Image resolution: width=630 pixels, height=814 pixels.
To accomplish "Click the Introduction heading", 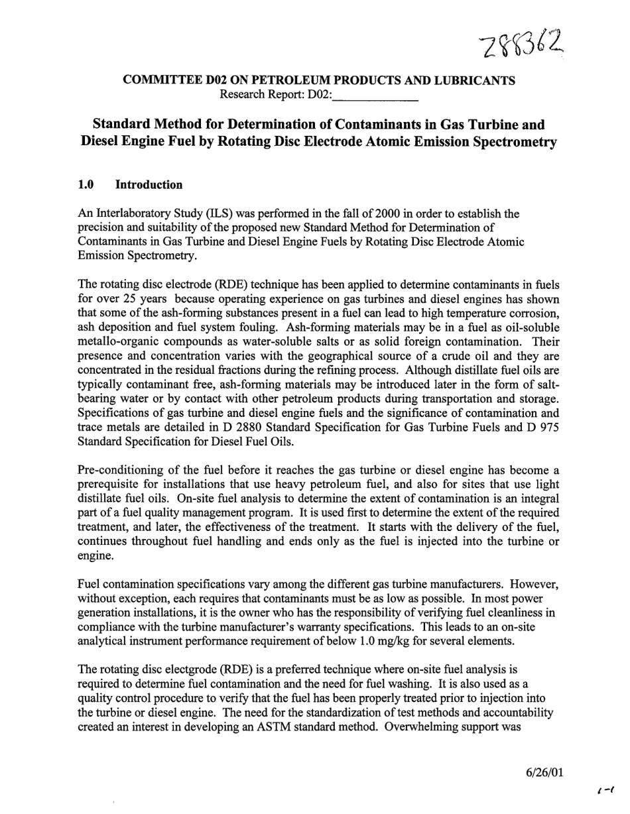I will (x=149, y=185).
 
